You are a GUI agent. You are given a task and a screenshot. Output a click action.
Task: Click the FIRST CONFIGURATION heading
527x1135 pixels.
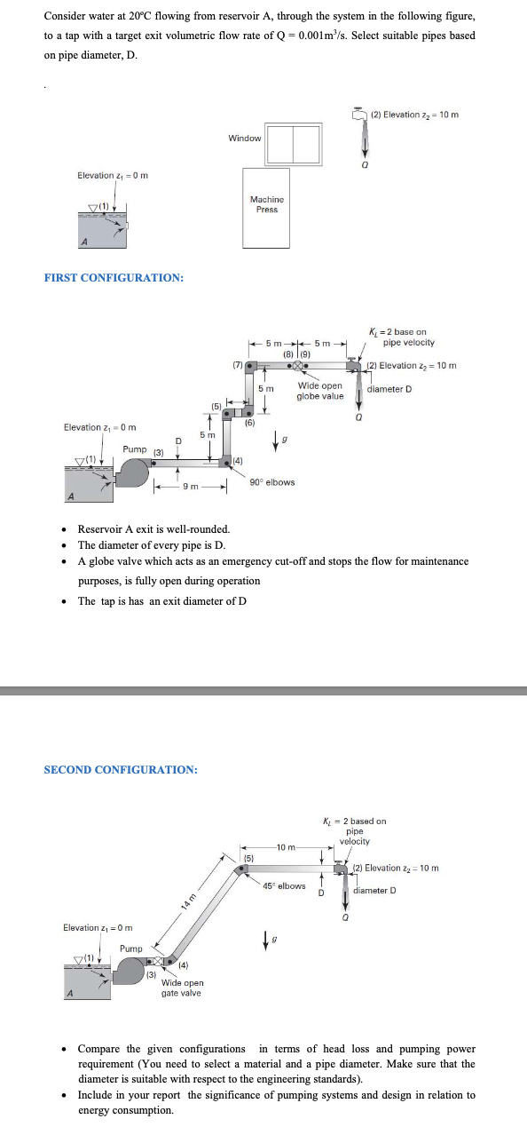point(114,278)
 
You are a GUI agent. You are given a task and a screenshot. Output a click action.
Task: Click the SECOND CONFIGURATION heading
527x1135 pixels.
point(121,769)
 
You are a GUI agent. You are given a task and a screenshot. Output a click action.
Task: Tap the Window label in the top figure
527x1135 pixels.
point(245,138)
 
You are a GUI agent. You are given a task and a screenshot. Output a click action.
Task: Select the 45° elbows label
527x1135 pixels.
point(284,885)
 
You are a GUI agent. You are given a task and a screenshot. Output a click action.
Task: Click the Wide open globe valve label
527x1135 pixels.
point(320,391)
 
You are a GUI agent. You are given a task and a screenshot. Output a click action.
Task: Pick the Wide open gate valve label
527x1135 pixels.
point(182,988)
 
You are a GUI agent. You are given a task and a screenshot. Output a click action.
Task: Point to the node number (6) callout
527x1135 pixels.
point(249,424)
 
